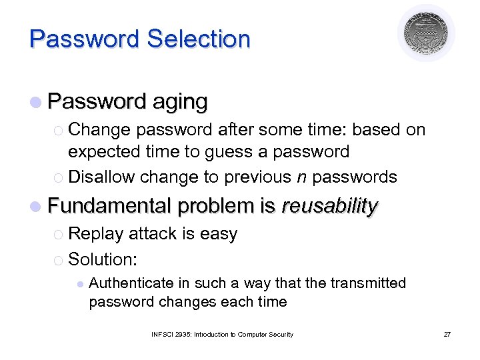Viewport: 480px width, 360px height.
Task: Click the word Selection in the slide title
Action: pos(198,39)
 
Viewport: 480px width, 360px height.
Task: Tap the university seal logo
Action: pos(427,33)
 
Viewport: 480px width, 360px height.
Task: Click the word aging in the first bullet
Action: pos(179,102)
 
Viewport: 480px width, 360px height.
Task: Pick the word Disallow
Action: pos(101,177)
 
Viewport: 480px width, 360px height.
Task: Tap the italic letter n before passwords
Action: pos(302,177)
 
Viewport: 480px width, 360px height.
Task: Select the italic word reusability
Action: pos(329,207)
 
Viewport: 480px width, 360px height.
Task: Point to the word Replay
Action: pos(96,234)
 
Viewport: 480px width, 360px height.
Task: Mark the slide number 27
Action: pos(447,334)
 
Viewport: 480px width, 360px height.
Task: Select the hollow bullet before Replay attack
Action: pos(58,235)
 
